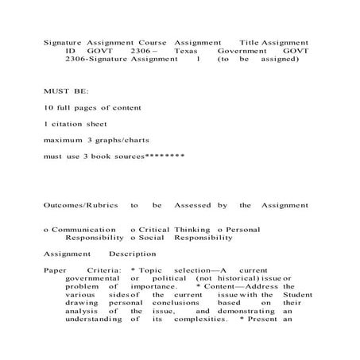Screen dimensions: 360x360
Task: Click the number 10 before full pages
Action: [48, 107]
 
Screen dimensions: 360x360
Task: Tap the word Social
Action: [149, 238]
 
